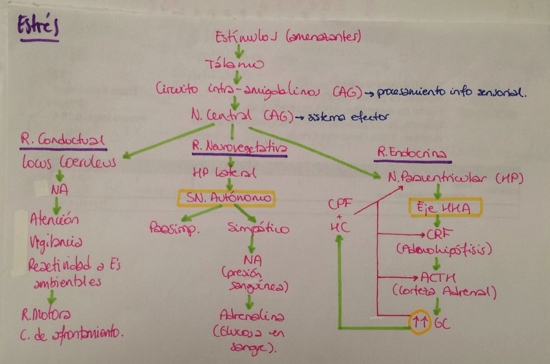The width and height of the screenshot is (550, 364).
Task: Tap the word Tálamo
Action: [x=235, y=64]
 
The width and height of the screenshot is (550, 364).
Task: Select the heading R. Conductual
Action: [x=62, y=140]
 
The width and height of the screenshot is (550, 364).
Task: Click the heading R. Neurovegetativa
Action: [x=239, y=147]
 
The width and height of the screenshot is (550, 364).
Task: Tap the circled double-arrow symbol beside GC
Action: [x=420, y=322]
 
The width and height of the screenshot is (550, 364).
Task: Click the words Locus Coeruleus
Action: [x=68, y=162]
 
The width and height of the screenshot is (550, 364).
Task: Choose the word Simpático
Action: [x=259, y=228]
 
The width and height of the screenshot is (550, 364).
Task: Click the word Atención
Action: [x=55, y=219]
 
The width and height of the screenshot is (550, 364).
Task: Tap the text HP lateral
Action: [x=224, y=174]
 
